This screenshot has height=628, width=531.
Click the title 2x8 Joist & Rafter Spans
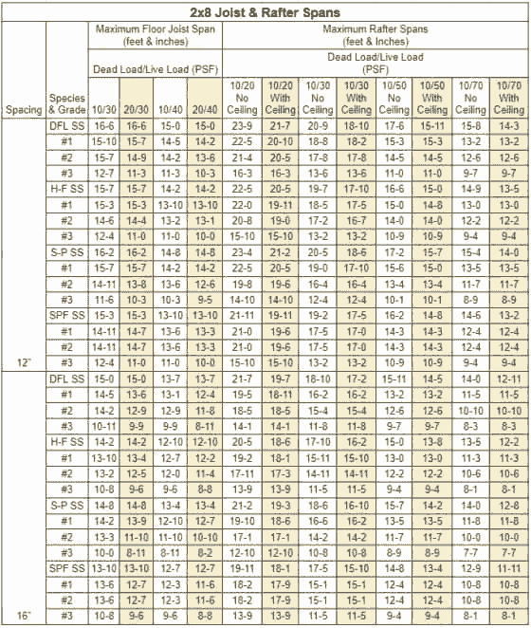tap(265, 12)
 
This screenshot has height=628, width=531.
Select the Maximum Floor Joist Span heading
tap(156, 36)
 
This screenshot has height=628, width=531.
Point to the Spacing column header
tap(23, 110)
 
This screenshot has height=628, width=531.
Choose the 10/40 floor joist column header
tap(172, 110)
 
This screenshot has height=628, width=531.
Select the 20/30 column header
tap(137, 110)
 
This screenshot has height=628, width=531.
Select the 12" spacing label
tap(23, 362)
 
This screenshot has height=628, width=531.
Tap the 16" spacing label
tap(23, 616)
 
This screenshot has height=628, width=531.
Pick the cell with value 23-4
tap(243, 252)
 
